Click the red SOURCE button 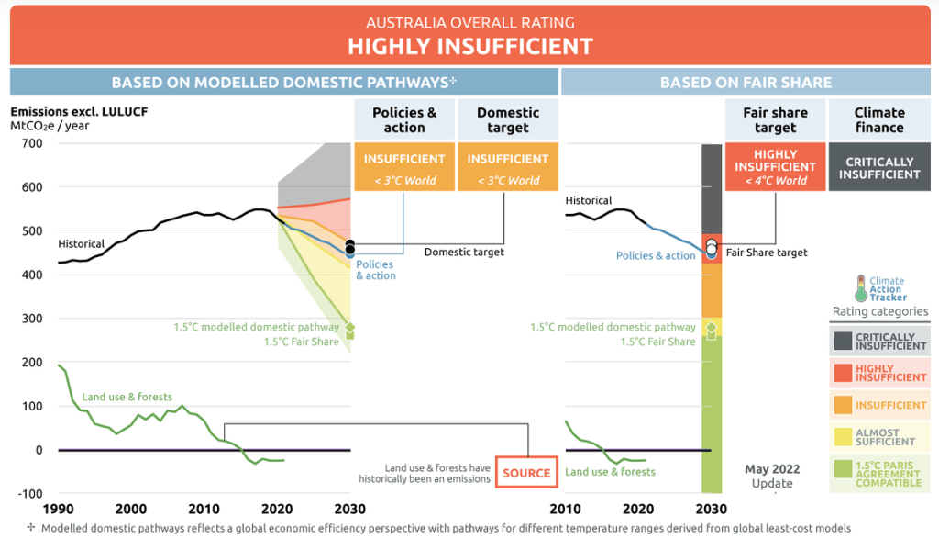[x=526, y=473]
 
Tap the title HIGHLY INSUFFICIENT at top [x=469, y=46]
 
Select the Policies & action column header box [x=404, y=120]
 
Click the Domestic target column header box [x=508, y=120]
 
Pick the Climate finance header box [x=879, y=120]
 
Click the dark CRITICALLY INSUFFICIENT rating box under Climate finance [x=879, y=168]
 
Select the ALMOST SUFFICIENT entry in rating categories [x=879, y=437]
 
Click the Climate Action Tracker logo [x=880, y=288]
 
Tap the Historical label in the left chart [x=82, y=244]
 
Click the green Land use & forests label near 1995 [x=127, y=397]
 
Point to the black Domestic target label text [x=464, y=252]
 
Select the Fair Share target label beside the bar [x=767, y=253]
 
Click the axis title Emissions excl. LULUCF [x=79, y=113]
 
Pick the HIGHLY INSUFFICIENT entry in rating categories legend [x=879, y=373]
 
